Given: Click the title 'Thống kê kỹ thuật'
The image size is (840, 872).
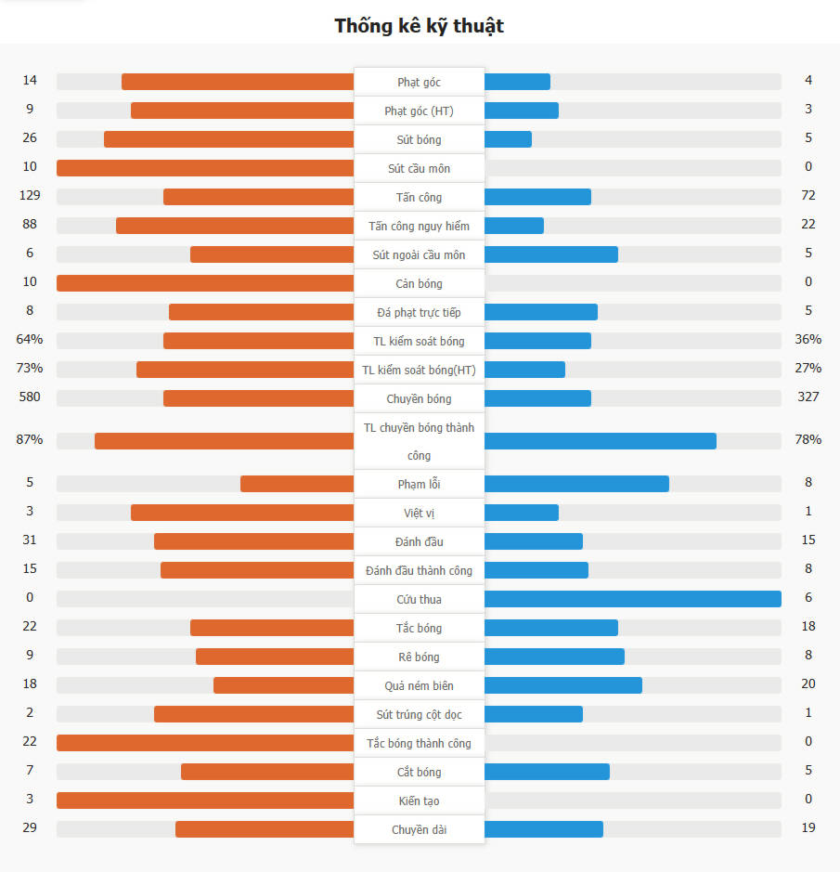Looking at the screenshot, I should coord(419,26).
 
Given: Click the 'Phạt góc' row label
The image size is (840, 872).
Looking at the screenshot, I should coord(419,83).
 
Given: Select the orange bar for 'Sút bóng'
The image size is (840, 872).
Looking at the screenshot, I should coord(228,139).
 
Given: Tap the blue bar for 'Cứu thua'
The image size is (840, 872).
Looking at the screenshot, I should coord(632,599).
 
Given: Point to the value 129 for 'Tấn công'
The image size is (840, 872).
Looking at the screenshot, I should coord(30,196).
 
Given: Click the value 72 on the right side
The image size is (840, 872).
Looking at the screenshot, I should coord(808,196).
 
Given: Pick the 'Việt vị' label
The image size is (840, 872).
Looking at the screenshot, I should coord(419,513).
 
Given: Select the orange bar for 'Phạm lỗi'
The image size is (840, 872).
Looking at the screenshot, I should coord(297,484).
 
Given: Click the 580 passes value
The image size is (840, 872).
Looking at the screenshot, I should coord(30,397).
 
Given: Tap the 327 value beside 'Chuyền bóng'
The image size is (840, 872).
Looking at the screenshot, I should coord(808,397).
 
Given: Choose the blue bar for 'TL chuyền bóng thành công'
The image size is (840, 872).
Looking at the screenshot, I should coord(600,441).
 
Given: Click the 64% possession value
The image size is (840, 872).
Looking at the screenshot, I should coord(30,340).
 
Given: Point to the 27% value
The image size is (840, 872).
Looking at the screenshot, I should coord(808,369).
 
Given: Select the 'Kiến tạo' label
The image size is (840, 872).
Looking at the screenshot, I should coord(419,800).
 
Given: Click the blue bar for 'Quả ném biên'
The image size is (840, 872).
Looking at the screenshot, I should coord(562,685).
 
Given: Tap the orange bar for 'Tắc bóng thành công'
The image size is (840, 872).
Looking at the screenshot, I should coord(205,743).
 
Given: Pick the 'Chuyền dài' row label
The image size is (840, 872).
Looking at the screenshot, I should coord(419,829).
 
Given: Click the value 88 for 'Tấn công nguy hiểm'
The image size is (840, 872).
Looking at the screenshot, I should coord(30,225).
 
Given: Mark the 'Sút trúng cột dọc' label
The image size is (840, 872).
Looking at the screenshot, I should coord(419,714).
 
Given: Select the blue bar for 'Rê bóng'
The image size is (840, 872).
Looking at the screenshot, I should coord(554,657).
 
